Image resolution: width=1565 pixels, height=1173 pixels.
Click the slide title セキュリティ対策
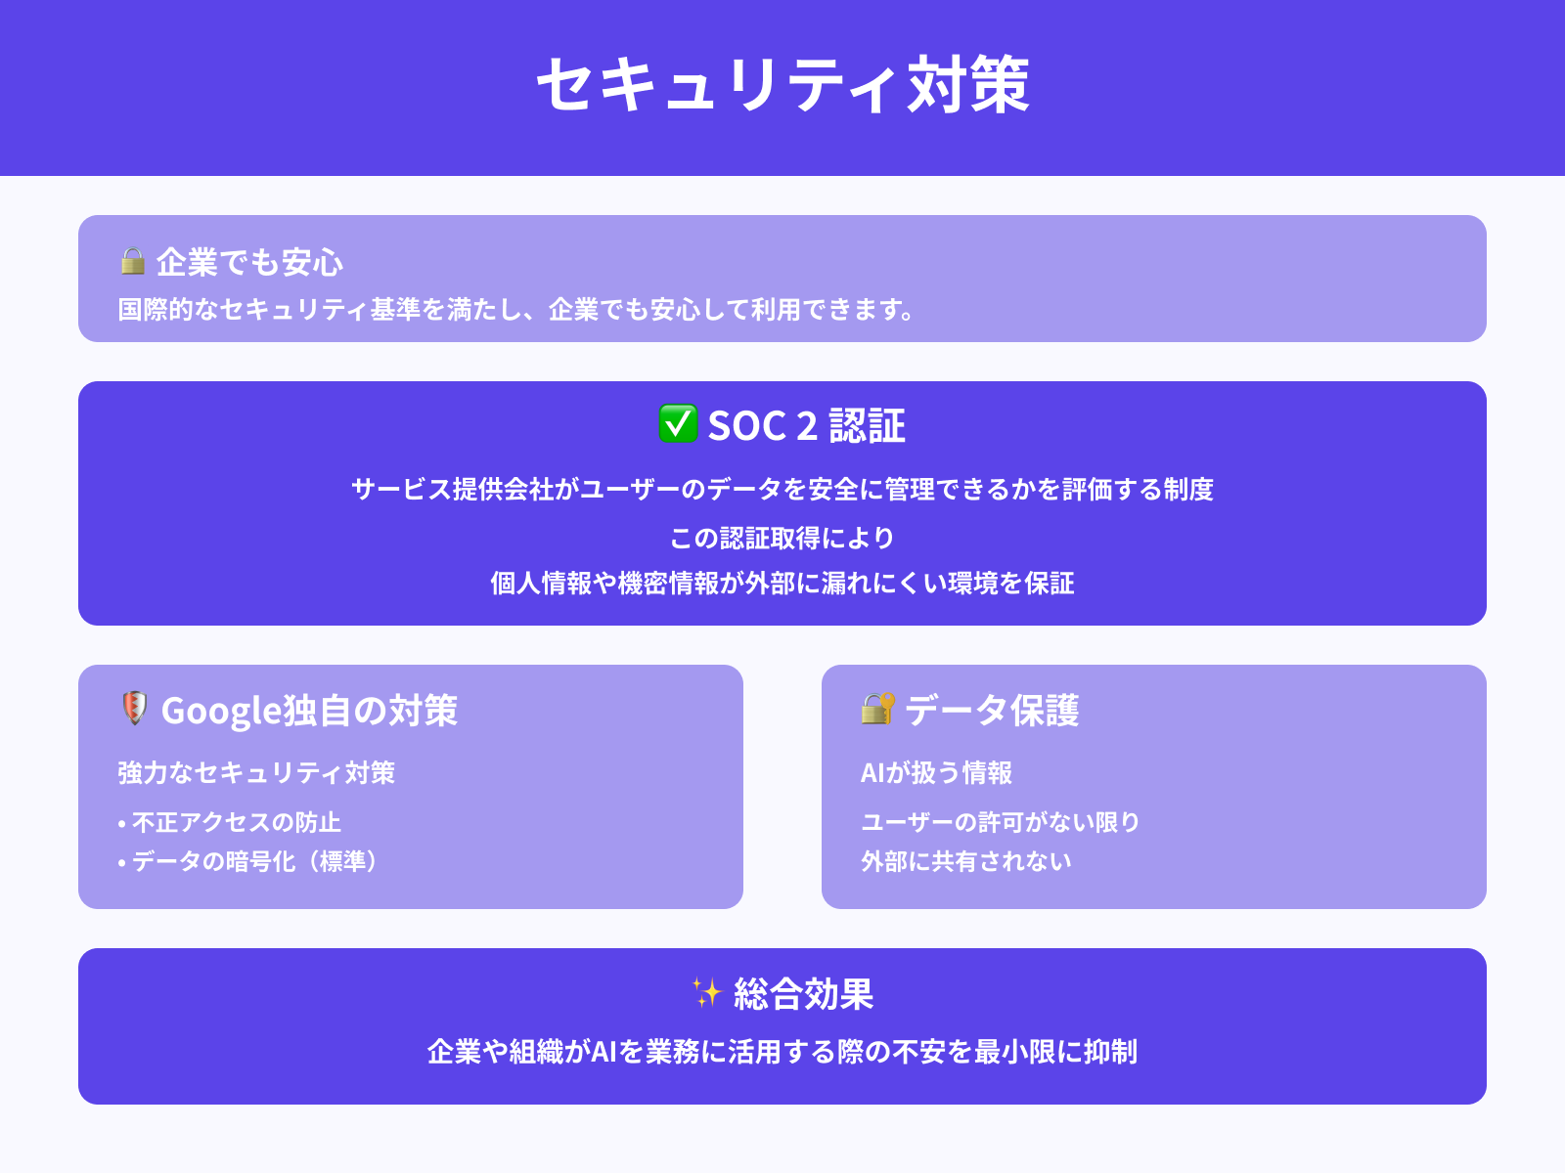tap(782, 85)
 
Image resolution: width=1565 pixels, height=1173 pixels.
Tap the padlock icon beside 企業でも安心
tap(132, 261)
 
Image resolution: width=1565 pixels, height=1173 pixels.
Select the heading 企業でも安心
tap(249, 262)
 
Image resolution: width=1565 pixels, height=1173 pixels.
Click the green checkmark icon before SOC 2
tap(678, 424)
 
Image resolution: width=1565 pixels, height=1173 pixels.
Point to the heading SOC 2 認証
tap(806, 426)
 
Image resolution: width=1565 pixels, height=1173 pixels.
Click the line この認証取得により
tap(782, 538)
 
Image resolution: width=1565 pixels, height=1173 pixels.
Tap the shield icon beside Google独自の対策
tap(134, 708)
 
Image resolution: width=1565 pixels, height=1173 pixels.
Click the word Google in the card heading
tap(221, 711)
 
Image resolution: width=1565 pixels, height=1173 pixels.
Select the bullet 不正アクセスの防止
tap(236, 822)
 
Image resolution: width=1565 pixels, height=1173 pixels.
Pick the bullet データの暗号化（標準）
tap(253, 861)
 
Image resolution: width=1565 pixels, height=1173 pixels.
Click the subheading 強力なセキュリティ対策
tap(256, 772)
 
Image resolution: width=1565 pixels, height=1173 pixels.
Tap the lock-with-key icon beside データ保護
tap(877, 708)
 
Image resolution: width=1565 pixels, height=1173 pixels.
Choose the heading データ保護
tap(991, 711)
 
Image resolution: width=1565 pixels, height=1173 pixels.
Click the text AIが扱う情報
tap(936, 772)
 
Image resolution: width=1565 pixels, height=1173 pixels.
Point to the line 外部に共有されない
tap(966, 861)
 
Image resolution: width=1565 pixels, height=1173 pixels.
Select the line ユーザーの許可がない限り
tap(1001, 822)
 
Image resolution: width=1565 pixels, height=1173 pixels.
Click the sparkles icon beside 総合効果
tap(706, 992)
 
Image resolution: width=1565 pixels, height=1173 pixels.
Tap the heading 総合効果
tap(803, 994)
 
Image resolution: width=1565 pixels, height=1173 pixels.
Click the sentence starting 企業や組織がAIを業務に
tap(782, 1052)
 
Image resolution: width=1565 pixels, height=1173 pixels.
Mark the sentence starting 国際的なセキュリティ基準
tap(516, 310)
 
